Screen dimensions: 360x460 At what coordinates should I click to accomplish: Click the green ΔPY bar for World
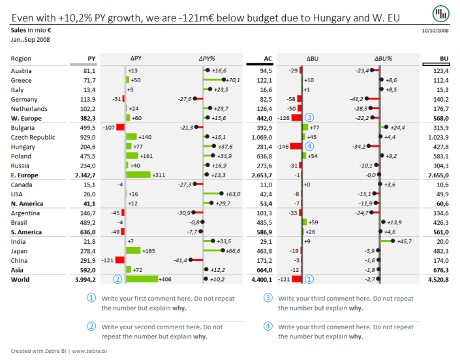pyautogui.click(x=142, y=279)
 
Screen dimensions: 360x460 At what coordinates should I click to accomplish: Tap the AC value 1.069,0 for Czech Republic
pyautogui.click(x=262, y=138)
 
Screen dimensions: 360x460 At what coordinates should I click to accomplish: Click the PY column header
pyautogui.click(x=91, y=59)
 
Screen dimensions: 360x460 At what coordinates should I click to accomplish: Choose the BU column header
pyautogui.click(x=444, y=59)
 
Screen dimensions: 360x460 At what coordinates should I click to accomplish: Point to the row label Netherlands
pyautogui.click(x=29, y=109)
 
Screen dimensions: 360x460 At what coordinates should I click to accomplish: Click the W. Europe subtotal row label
pyautogui.click(x=26, y=119)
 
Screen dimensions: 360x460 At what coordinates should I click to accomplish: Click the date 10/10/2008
pyautogui.click(x=435, y=31)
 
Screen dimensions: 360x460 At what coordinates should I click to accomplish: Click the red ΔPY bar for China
pyautogui.click(x=120, y=260)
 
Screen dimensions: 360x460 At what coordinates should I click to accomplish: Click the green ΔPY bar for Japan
pyautogui.click(x=133, y=251)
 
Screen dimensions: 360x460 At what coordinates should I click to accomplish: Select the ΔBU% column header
pyautogui.click(x=383, y=59)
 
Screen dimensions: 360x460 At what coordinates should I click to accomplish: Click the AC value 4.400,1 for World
pyautogui.click(x=260, y=280)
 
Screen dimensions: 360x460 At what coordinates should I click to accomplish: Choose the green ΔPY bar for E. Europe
pyautogui.click(x=138, y=175)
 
